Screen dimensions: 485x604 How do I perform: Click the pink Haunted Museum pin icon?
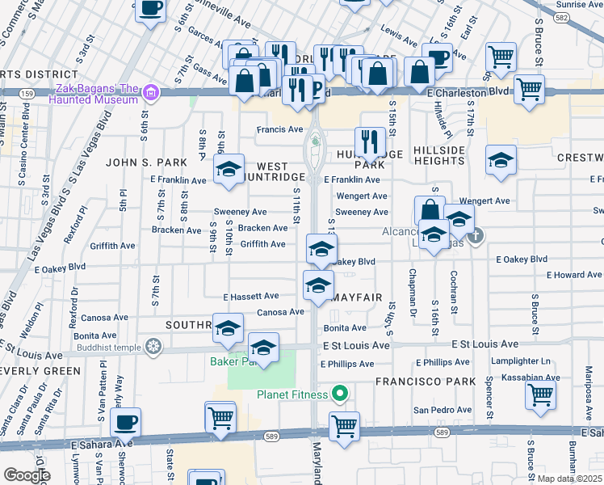pyautogui.click(x=149, y=94)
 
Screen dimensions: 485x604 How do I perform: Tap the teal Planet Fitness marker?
pyautogui.click(x=340, y=394)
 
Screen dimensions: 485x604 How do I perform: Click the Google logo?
pyautogui.click(x=26, y=475)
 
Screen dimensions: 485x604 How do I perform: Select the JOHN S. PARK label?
pyautogui.click(x=147, y=162)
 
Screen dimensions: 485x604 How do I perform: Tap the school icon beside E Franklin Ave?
pyautogui.click(x=229, y=170)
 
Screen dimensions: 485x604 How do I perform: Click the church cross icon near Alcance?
pyautogui.click(x=476, y=236)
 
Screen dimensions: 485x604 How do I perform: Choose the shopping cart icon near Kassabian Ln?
pyautogui.click(x=540, y=395)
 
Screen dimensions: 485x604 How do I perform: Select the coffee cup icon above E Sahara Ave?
pyautogui.click(x=125, y=422)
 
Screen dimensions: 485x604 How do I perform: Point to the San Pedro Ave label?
pyautogui.click(x=441, y=410)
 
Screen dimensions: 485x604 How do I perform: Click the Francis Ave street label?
pyautogui.click(x=279, y=129)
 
